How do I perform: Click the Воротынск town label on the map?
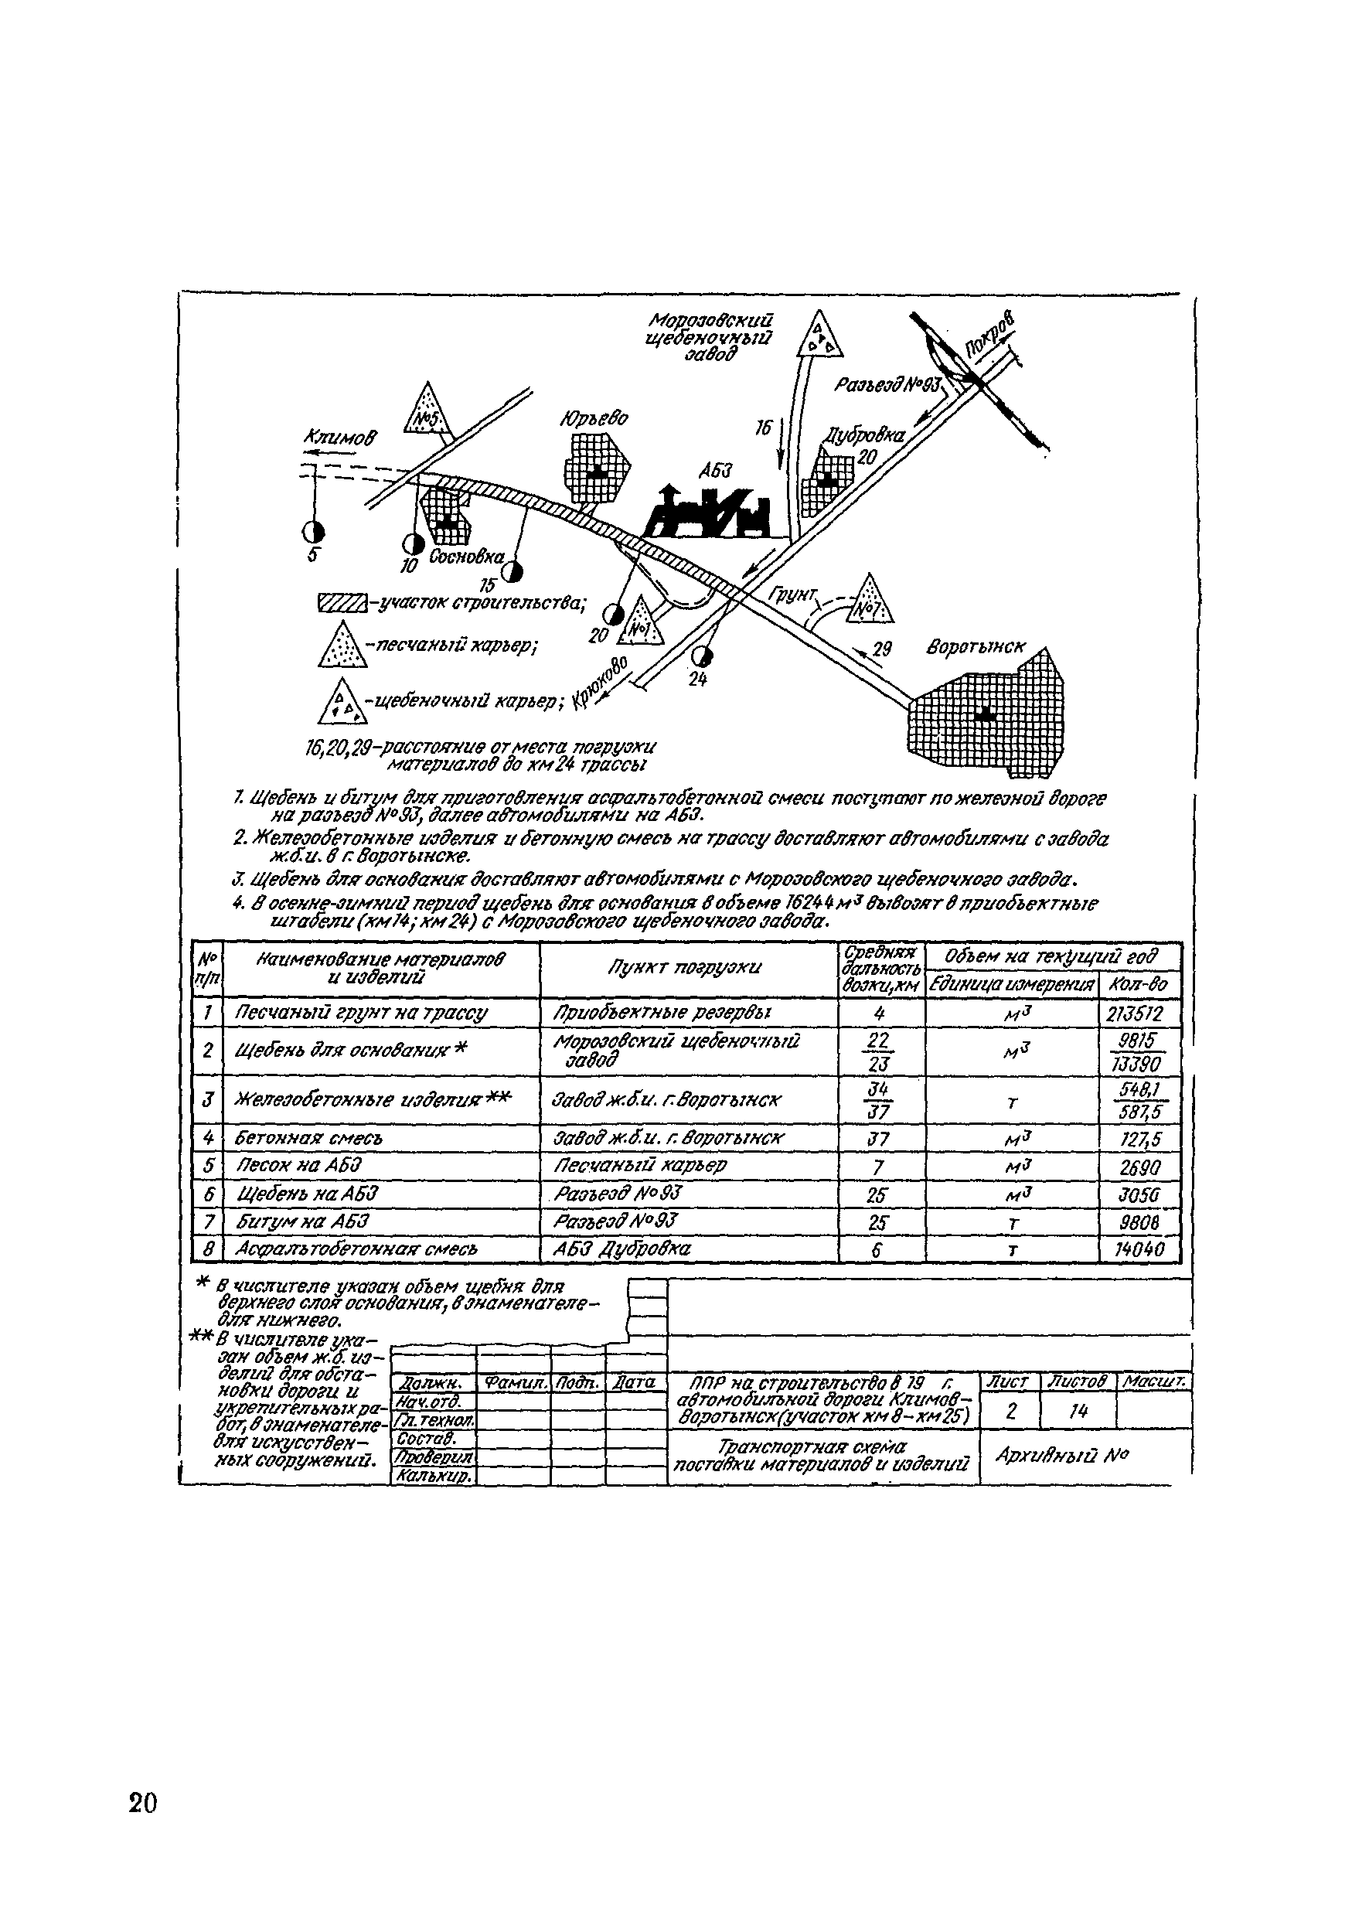tap(975, 647)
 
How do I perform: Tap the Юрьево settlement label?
tap(594, 418)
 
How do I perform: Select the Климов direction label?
tap(341, 437)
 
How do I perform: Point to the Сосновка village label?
tap(467, 557)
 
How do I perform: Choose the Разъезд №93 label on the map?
tap(887, 385)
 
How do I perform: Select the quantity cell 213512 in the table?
tap(1132, 1015)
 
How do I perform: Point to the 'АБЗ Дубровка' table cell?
tap(622, 1250)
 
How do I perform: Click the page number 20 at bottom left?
tap(143, 1804)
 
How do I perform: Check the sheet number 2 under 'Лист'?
tap(1011, 1412)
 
